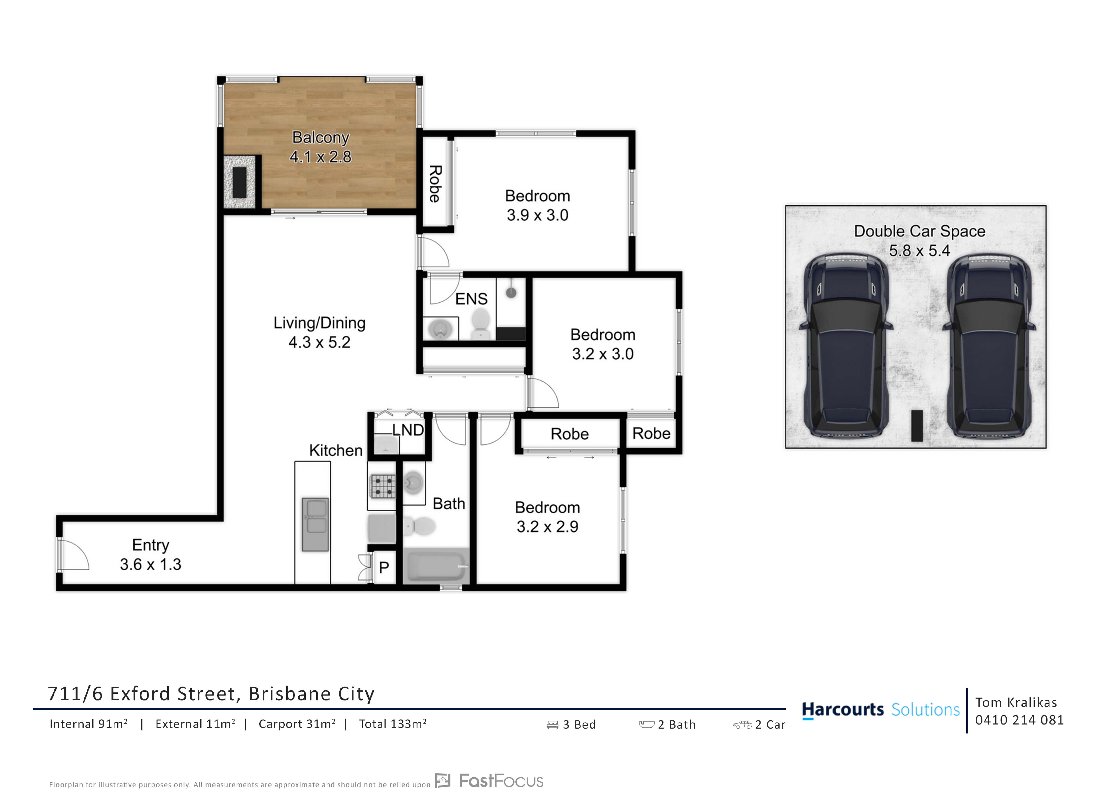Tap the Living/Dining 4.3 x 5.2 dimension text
tap(319, 342)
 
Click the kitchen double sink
tap(315, 524)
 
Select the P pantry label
tap(384, 567)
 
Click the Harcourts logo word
tap(843, 710)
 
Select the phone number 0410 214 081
tap(1019, 720)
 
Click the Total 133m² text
tap(393, 724)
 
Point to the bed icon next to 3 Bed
tap(553, 725)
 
